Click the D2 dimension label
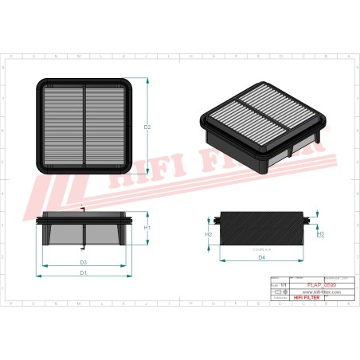pyautogui.click(x=147, y=127)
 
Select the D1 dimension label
pyautogui.click(x=83, y=272)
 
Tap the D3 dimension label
pyautogui.click(x=83, y=262)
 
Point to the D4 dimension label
pyautogui.click(x=261, y=257)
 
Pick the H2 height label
pyautogui.click(x=209, y=234)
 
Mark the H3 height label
pyautogui.click(x=320, y=234)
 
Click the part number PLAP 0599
pyautogui.click(x=299, y=284)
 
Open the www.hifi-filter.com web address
pyautogui.click(x=299, y=292)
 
